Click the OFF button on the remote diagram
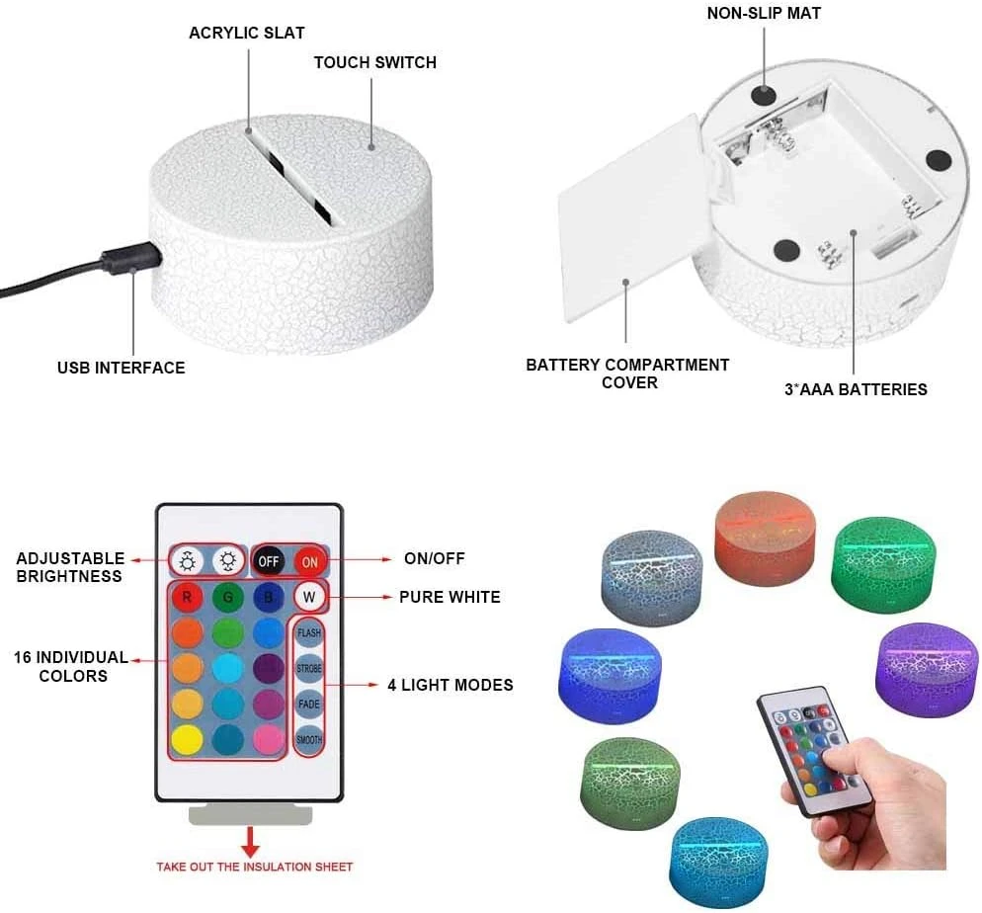(268, 561)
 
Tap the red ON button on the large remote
(310, 561)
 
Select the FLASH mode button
(309, 633)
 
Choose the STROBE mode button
(309, 668)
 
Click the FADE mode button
(309, 704)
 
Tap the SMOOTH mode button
(309, 739)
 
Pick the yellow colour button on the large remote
(188, 739)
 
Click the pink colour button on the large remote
(269, 739)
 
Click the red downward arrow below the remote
(251, 842)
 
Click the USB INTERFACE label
(121, 368)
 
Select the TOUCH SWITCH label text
(375, 62)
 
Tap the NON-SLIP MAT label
(764, 13)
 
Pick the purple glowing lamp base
(927, 669)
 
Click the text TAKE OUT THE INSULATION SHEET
(254, 867)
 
